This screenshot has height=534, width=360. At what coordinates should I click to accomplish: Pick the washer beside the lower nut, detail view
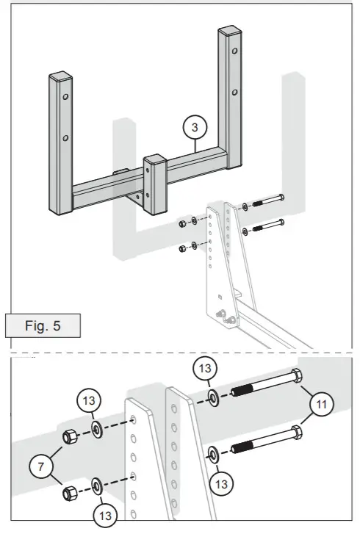96,485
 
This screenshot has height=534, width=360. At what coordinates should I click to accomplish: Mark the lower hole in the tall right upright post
234,93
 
